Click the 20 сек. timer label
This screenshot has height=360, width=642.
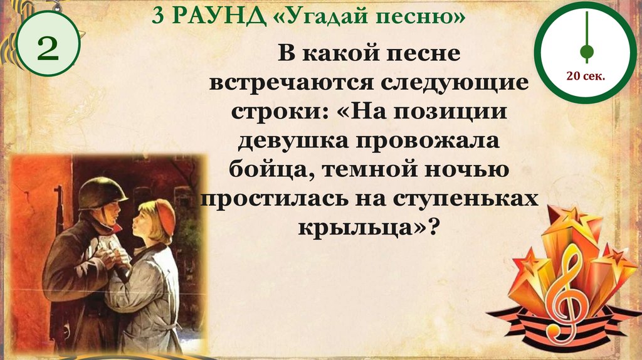point(585,77)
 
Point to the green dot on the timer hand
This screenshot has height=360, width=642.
point(587,51)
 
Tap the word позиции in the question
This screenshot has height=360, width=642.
point(457,111)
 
